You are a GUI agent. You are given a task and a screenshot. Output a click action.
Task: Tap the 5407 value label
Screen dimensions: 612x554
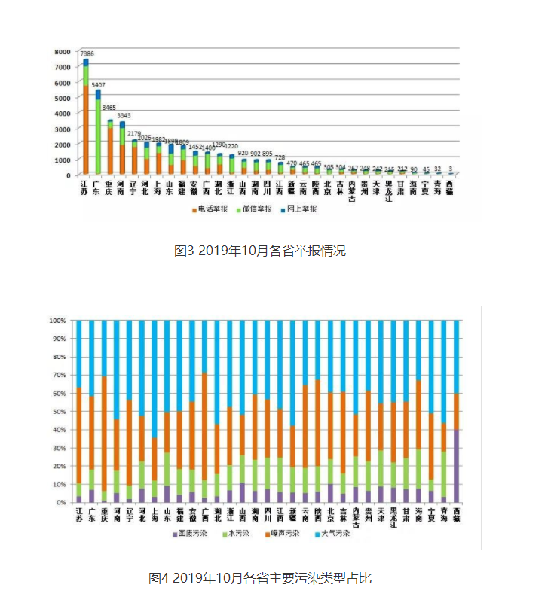(x=98, y=85)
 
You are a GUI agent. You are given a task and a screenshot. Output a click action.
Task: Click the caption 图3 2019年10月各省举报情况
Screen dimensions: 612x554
(x=260, y=251)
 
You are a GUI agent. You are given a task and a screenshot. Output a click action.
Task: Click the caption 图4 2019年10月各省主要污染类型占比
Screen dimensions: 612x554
(x=260, y=578)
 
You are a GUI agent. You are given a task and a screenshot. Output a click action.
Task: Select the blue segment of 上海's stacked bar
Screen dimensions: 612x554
(x=154, y=376)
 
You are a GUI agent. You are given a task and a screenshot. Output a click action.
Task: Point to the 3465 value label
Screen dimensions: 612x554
(x=111, y=117)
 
